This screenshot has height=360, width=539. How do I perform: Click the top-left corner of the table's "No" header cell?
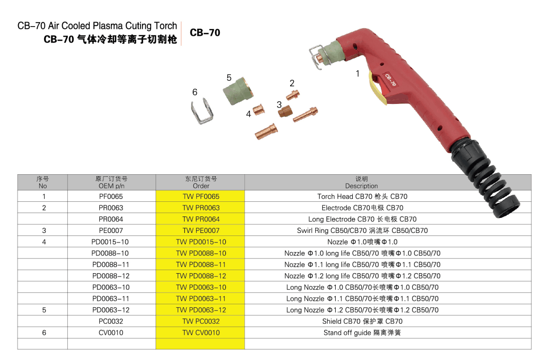pos(18,175)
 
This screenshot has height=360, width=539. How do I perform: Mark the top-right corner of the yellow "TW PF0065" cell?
pos(245,190)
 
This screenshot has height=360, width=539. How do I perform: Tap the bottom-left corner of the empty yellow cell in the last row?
pos(156,349)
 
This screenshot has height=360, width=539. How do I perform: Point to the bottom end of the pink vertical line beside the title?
pos(181,45)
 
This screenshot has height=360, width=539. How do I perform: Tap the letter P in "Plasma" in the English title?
pos(95,26)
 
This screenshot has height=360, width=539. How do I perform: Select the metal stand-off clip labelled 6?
pos(202,111)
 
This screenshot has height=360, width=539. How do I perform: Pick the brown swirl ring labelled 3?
pos(285,111)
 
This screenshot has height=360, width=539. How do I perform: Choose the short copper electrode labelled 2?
pos(293,94)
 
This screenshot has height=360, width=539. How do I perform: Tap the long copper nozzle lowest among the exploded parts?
pos(266,132)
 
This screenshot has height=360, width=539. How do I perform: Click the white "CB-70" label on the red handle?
pos(390,80)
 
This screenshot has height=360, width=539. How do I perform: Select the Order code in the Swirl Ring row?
pos(201,230)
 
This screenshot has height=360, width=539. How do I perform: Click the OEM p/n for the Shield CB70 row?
pos(111,321)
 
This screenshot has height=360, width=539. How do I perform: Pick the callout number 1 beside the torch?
pos(357,74)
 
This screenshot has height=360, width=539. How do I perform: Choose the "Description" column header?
pos(361,186)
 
